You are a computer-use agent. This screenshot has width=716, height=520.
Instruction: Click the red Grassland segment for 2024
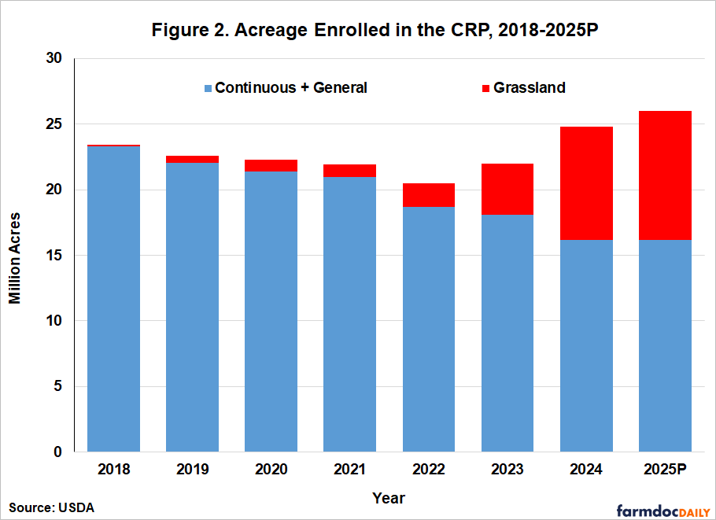[586, 183]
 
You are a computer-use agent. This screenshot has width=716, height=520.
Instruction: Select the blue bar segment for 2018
[113, 299]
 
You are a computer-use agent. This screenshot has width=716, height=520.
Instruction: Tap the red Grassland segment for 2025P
[665, 175]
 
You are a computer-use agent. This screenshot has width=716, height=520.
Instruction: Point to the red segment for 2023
[507, 189]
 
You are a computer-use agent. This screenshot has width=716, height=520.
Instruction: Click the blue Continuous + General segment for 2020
[271, 312]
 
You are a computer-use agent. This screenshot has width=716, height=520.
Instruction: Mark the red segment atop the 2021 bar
[349, 171]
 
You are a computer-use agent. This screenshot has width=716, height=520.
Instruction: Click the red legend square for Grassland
[485, 88]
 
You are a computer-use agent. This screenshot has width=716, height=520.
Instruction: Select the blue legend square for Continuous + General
[208, 88]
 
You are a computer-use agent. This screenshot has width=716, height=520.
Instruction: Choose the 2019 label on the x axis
[192, 470]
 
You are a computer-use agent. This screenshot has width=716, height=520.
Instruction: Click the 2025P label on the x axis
[665, 470]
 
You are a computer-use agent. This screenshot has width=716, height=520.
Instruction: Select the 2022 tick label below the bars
[428, 470]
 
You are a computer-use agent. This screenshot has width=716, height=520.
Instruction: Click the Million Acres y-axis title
[16, 256]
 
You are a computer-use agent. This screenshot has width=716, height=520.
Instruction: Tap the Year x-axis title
[389, 498]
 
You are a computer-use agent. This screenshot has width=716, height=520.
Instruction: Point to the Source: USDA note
[52, 507]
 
